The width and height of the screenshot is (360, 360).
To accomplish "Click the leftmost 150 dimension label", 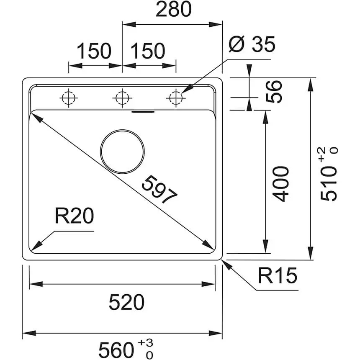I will point(94,51).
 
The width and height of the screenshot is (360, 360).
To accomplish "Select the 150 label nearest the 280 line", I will point(147,51).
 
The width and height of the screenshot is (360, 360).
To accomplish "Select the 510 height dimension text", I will point(329,184).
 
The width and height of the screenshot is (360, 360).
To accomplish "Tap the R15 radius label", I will point(277,276).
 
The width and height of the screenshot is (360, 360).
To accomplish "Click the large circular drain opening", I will point(123,151).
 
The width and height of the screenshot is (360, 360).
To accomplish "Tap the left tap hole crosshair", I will point(68,98).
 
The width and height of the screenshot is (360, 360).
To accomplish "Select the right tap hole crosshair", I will point(175,98).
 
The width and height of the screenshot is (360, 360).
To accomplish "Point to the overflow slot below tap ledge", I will point(143,112).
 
